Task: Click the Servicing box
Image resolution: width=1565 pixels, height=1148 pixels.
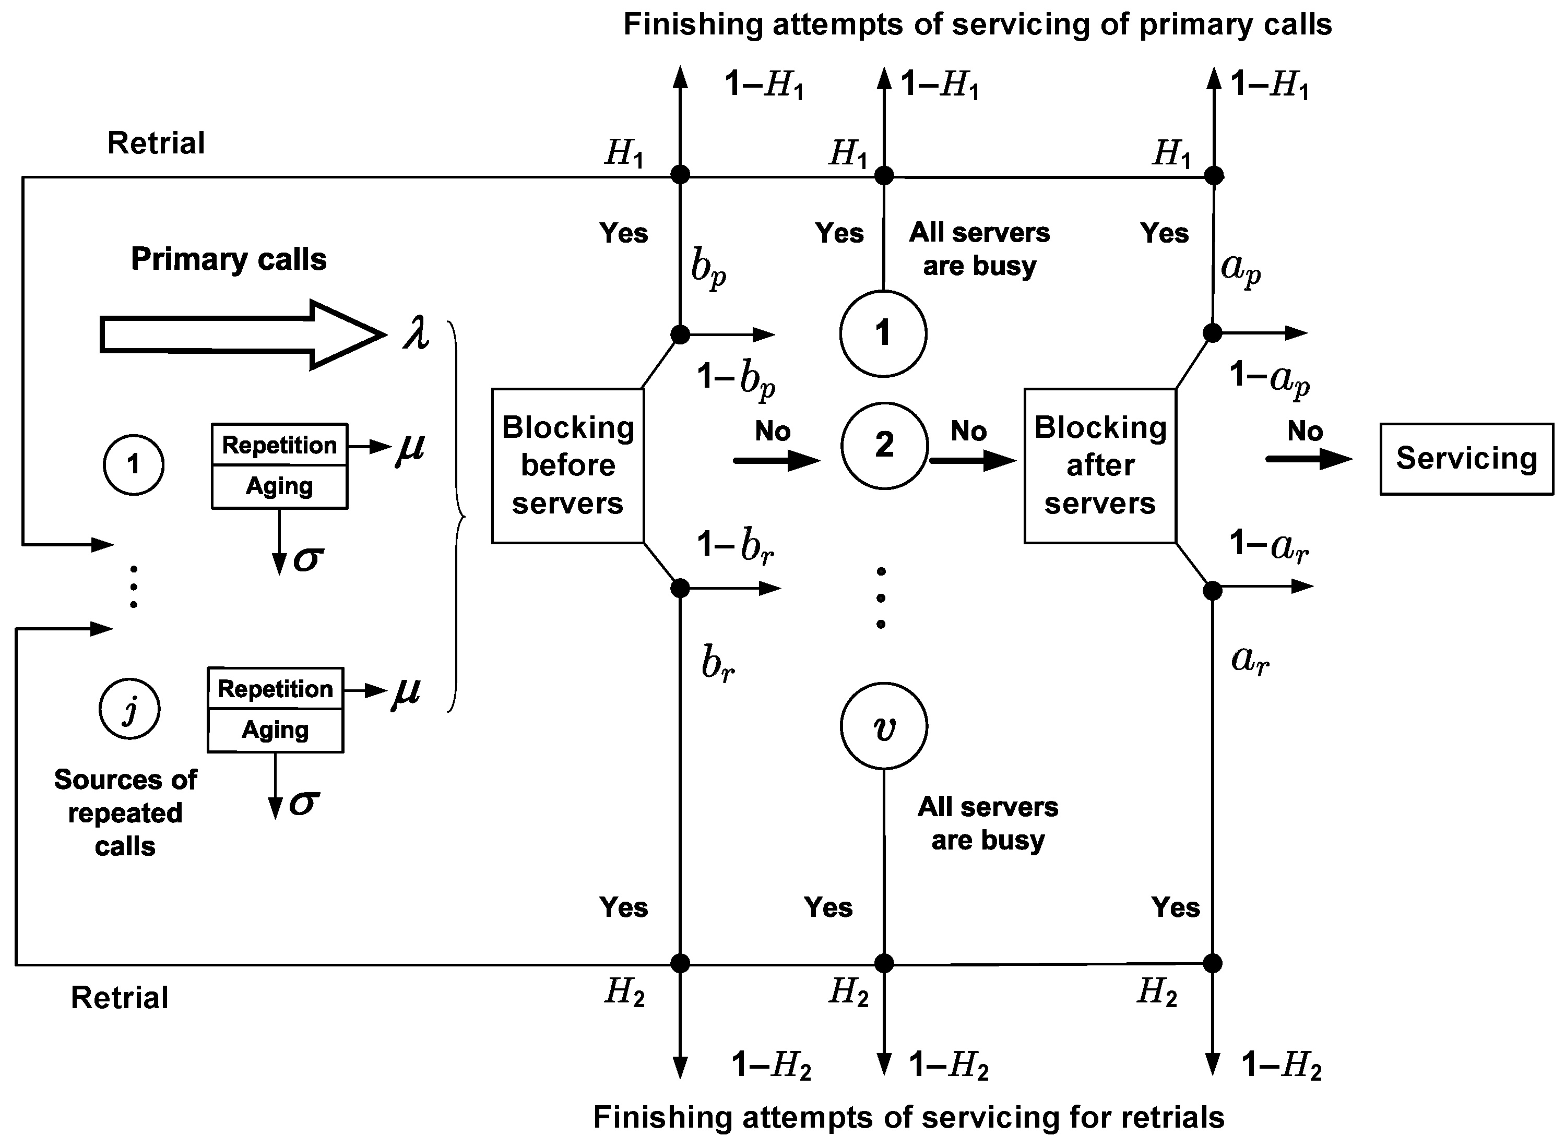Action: click(x=1466, y=459)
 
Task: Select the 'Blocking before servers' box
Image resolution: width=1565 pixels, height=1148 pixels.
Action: click(x=567, y=465)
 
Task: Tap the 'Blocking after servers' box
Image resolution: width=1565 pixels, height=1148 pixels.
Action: click(x=1099, y=465)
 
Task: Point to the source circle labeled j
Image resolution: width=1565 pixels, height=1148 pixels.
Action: click(x=129, y=709)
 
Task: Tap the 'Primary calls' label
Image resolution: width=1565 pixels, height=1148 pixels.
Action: click(x=228, y=259)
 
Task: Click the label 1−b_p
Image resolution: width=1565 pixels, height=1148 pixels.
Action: click(x=736, y=379)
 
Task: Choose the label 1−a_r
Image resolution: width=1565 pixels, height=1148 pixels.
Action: click(x=1269, y=545)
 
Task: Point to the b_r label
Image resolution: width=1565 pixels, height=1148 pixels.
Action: click(x=717, y=664)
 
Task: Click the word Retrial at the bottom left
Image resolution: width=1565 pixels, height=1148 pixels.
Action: click(x=120, y=998)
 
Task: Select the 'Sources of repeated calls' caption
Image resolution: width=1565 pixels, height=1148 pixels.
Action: click(x=125, y=812)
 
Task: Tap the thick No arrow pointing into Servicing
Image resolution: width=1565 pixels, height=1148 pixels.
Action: click(x=1307, y=459)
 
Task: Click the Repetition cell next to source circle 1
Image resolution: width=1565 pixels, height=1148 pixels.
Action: click(x=279, y=445)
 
